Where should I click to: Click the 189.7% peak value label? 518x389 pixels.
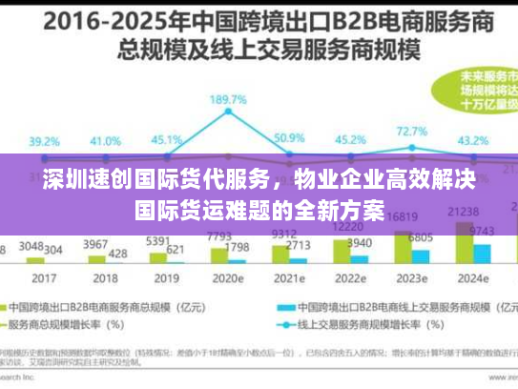[230, 99]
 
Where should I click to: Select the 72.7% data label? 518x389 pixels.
[412, 131]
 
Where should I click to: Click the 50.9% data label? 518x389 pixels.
[290, 137]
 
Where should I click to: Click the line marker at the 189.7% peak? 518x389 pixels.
[229, 113]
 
